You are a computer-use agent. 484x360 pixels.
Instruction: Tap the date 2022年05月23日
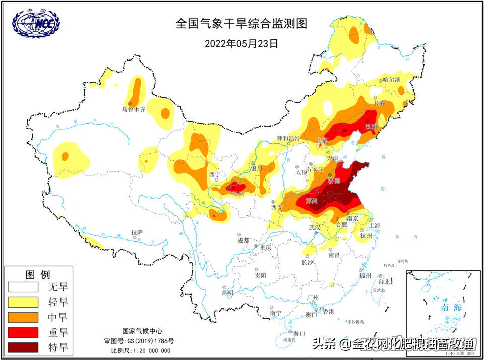(241, 43)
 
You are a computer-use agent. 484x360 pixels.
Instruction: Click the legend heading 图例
(38, 275)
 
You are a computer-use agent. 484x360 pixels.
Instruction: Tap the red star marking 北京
(320, 146)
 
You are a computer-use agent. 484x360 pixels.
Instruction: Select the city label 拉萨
(137, 233)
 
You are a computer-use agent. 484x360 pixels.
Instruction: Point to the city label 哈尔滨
(391, 79)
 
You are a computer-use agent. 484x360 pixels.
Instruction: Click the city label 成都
(243, 241)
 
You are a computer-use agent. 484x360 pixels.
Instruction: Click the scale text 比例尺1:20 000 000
(141, 351)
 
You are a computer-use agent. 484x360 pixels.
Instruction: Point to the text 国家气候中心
(142, 331)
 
